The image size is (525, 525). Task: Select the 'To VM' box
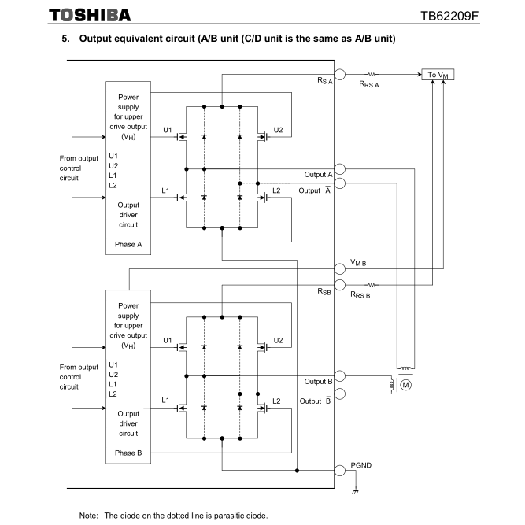438,75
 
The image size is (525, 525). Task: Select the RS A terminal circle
340,75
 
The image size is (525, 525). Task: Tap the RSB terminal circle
340,284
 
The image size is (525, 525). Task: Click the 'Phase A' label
128,244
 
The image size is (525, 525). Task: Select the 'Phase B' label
128,453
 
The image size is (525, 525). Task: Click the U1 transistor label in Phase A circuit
166,128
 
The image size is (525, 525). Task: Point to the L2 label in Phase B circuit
275,401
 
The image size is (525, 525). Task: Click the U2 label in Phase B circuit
278,340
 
